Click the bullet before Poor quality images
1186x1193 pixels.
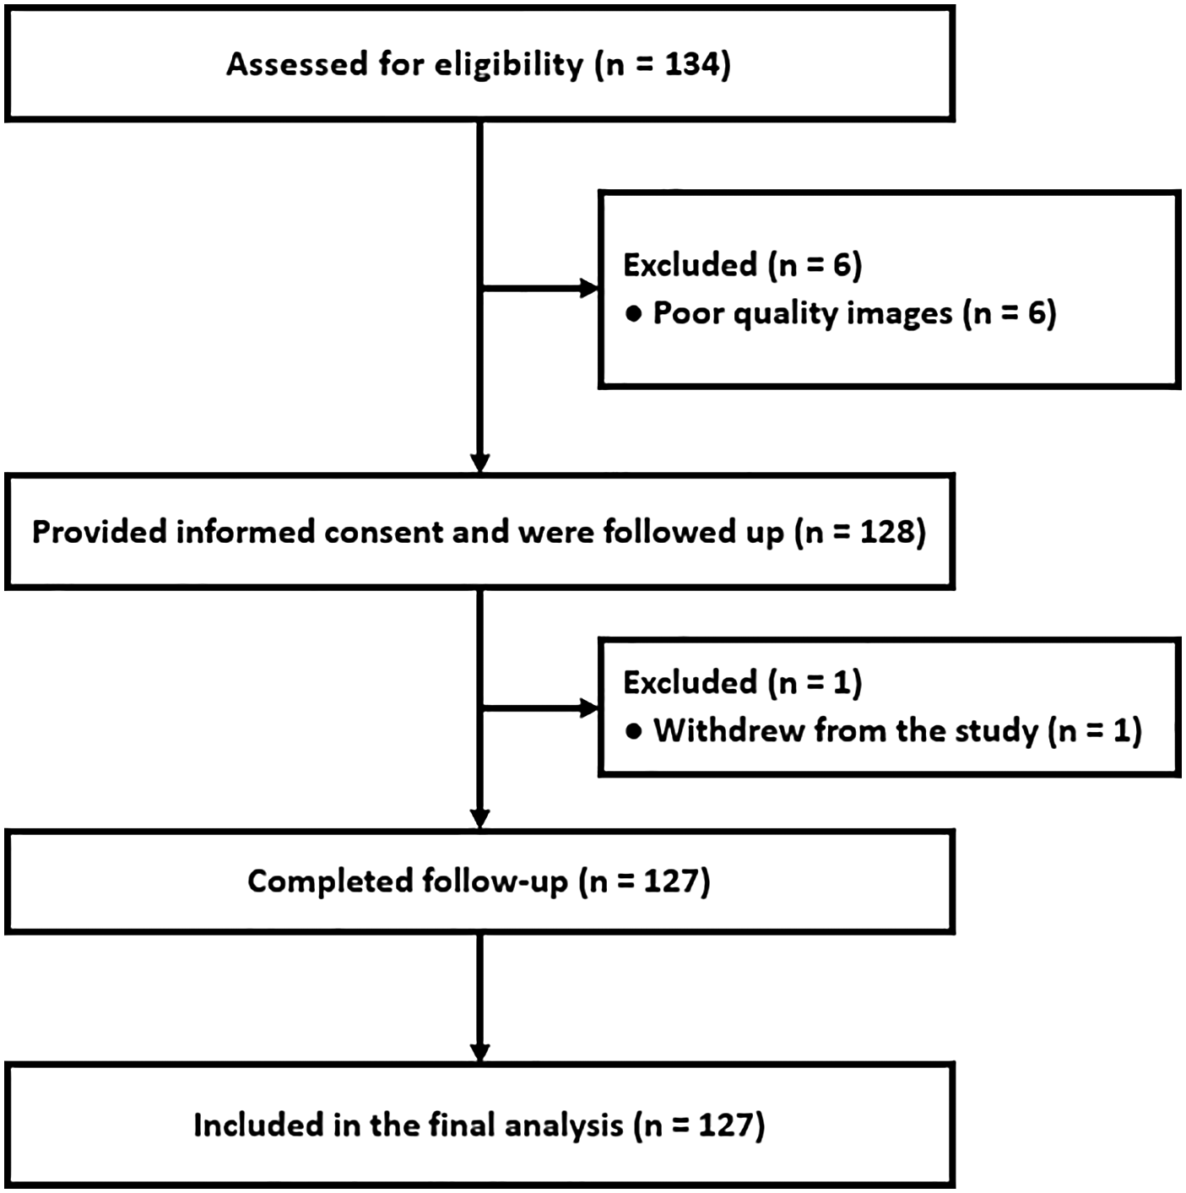click(633, 314)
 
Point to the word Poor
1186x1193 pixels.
click(687, 313)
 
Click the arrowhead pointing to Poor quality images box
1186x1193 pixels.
click(588, 289)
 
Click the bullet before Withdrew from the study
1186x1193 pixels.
click(633, 731)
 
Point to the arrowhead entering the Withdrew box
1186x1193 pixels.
click(588, 708)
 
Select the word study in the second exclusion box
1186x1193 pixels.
click(996, 731)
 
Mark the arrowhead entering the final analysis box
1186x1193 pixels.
click(479, 1053)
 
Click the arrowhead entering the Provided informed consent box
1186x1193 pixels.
click(479, 464)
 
